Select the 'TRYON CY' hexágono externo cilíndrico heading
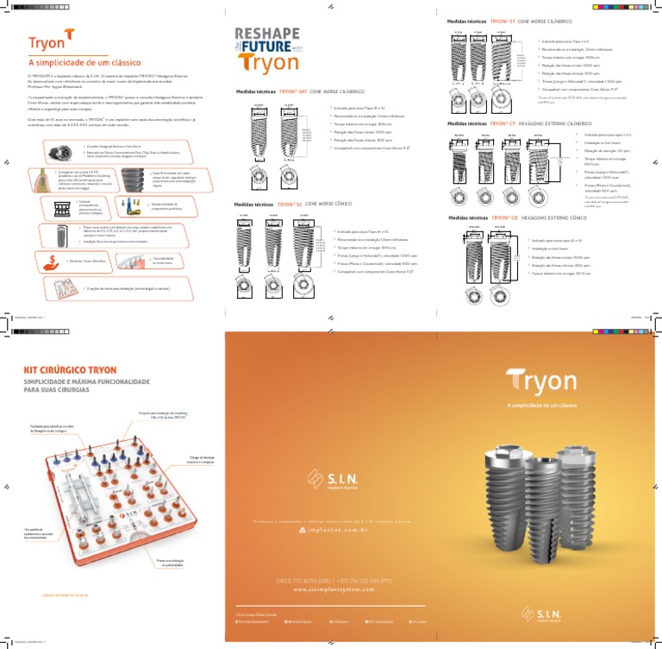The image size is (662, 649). pyautogui.click(x=515, y=123)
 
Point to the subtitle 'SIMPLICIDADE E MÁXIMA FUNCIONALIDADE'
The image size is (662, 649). pyautogui.click(x=82, y=381)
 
